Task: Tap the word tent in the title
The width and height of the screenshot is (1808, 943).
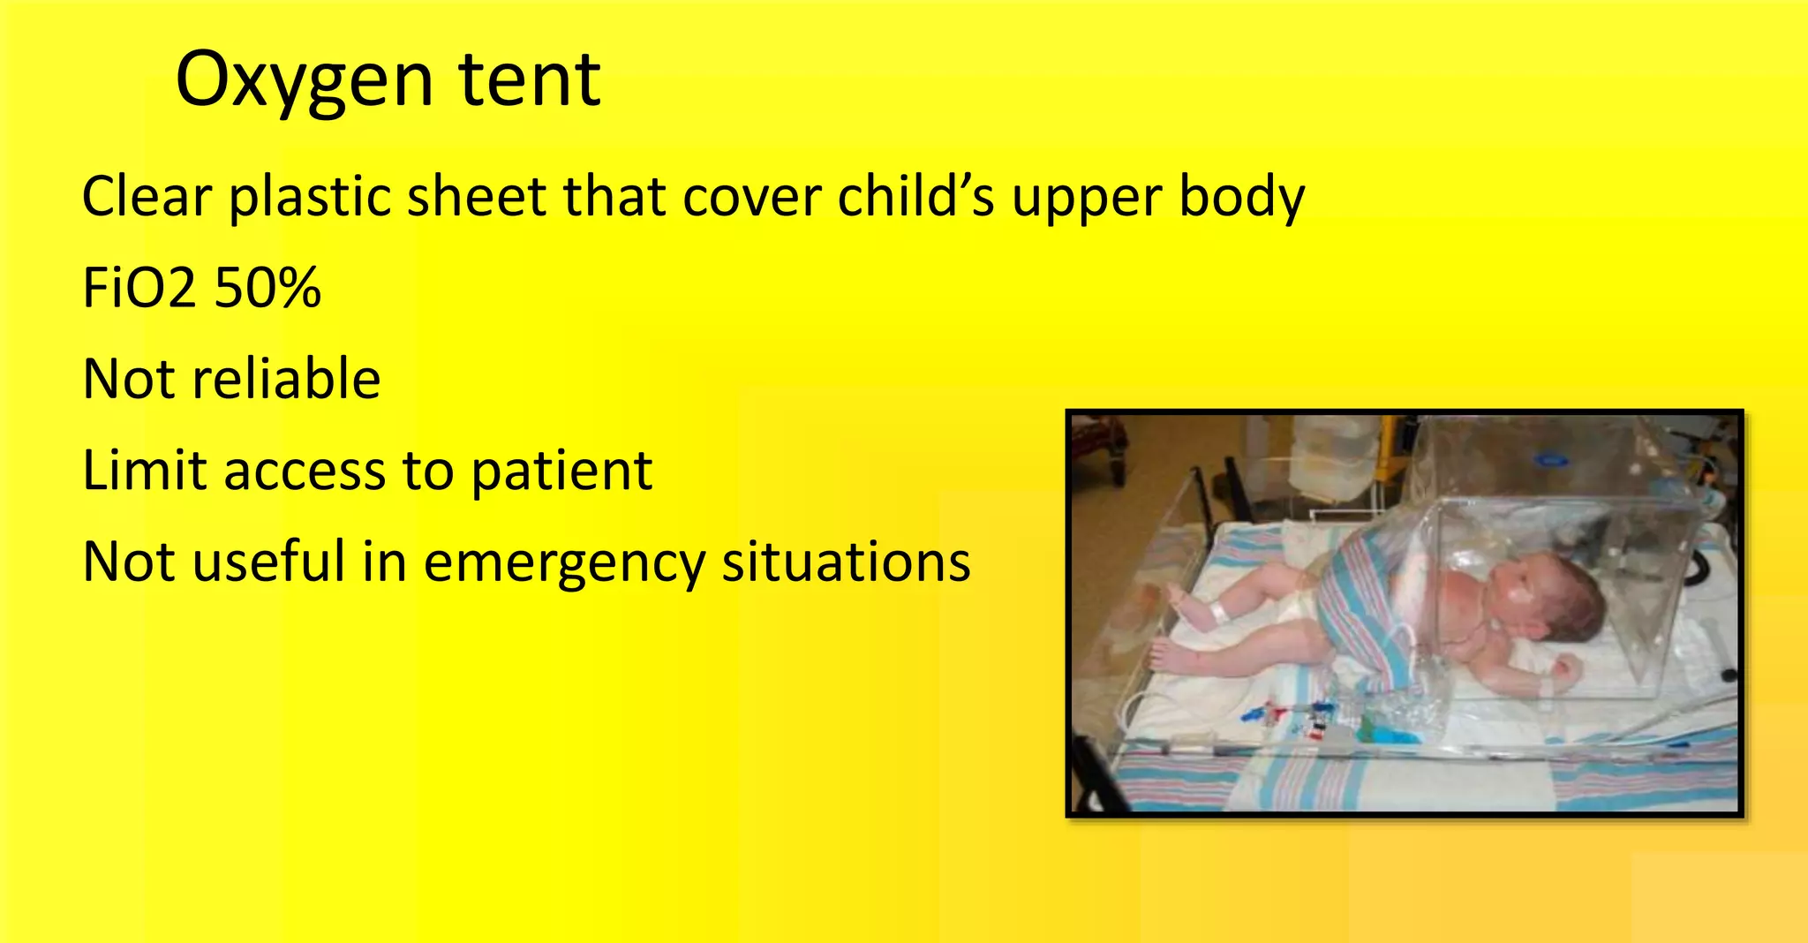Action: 530,79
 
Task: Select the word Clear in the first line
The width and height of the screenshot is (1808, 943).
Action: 147,196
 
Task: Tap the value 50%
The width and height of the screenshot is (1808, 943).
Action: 267,288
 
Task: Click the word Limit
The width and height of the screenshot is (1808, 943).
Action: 144,470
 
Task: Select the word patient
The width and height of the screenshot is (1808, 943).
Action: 561,471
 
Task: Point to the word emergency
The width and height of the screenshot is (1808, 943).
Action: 565,563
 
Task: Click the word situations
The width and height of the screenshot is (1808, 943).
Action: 846,562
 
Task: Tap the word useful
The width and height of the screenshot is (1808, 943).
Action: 269,562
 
